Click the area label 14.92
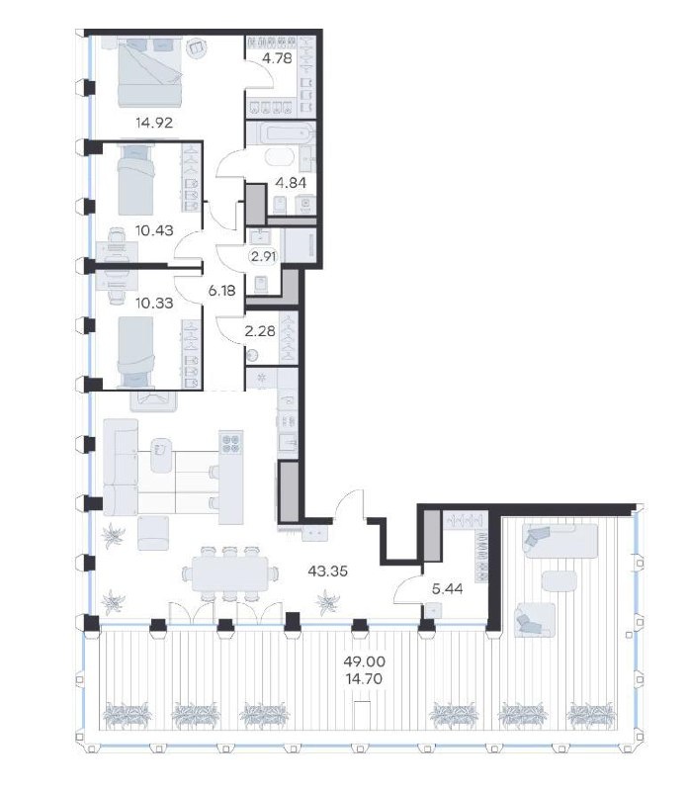click(154, 123)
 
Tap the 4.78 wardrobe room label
click(277, 58)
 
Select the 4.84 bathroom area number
click(291, 183)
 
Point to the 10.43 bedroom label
click(154, 230)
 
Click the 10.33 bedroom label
click(154, 303)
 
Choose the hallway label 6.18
click(222, 290)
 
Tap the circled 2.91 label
click(264, 256)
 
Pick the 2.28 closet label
click(260, 331)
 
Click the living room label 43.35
click(328, 571)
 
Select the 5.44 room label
click(448, 588)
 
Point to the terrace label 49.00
click(364, 660)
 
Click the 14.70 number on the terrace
click(364, 679)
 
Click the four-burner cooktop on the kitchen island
click(231, 442)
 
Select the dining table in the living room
click(229, 573)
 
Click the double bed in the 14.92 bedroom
click(149, 72)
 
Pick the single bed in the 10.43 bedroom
click(135, 180)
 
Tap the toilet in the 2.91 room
click(261, 285)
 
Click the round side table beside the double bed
click(196, 48)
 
